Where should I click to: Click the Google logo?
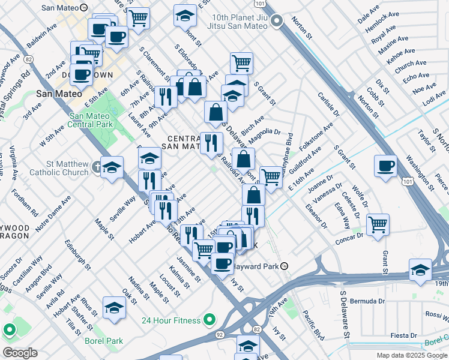(20, 353)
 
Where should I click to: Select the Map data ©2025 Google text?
(411, 355)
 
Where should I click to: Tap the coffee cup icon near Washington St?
(385, 165)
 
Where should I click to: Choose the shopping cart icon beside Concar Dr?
(378, 224)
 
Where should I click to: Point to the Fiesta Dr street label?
(404, 335)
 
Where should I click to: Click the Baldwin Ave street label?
(40, 36)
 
